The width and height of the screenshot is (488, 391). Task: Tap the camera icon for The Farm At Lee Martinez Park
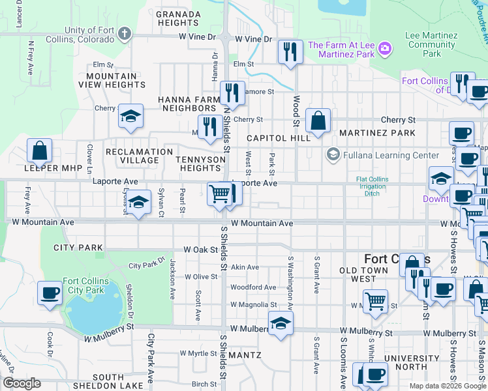click(385, 48)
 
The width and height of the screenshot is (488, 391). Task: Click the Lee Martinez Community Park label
click(431, 44)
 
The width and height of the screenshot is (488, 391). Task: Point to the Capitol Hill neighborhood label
click(279, 139)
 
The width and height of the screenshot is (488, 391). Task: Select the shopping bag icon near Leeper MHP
click(40, 151)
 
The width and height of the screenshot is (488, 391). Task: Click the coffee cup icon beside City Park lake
click(50, 293)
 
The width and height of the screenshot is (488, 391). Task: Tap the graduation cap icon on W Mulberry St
click(281, 323)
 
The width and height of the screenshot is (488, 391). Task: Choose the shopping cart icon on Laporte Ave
click(220, 194)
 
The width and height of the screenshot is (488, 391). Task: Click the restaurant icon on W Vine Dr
click(289, 52)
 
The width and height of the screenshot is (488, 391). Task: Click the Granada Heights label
click(177, 18)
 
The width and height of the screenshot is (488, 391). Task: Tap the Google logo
click(21, 383)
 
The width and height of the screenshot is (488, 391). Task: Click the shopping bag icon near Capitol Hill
click(318, 121)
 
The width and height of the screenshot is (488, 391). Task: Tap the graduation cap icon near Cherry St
click(130, 117)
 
